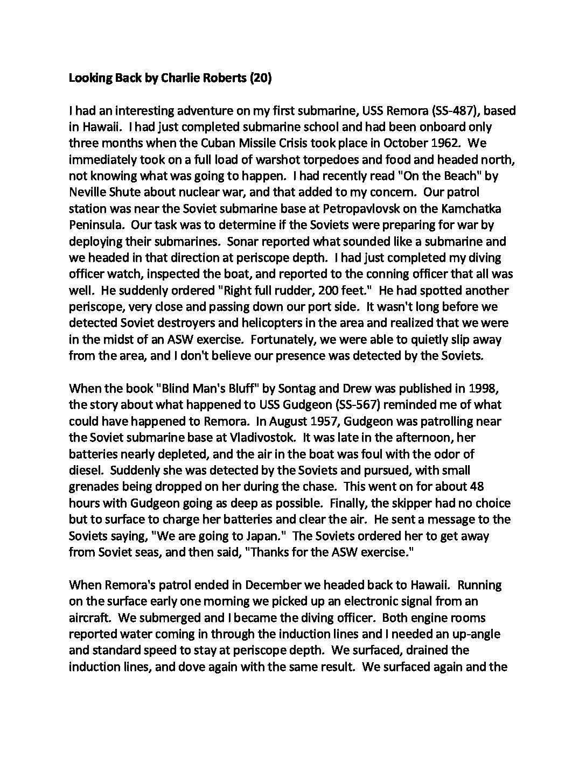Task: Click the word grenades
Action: click(x=93, y=487)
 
